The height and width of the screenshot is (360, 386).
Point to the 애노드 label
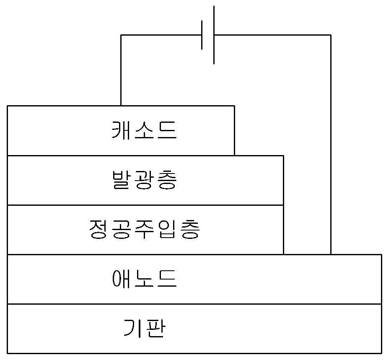(x=144, y=279)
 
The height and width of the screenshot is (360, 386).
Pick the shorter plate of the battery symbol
(x=202, y=35)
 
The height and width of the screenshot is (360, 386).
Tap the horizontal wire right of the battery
(x=272, y=35)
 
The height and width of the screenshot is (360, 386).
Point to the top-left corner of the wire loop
(x=121, y=35)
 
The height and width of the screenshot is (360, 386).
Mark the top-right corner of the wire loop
(x=331, y=35)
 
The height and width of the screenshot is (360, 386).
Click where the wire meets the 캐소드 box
(x=121, y=106)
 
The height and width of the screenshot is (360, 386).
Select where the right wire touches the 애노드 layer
(x=331, y=254)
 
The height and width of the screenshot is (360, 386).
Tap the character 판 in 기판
(x=156, y=328)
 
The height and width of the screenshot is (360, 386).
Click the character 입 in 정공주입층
(x=167, y=229)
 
